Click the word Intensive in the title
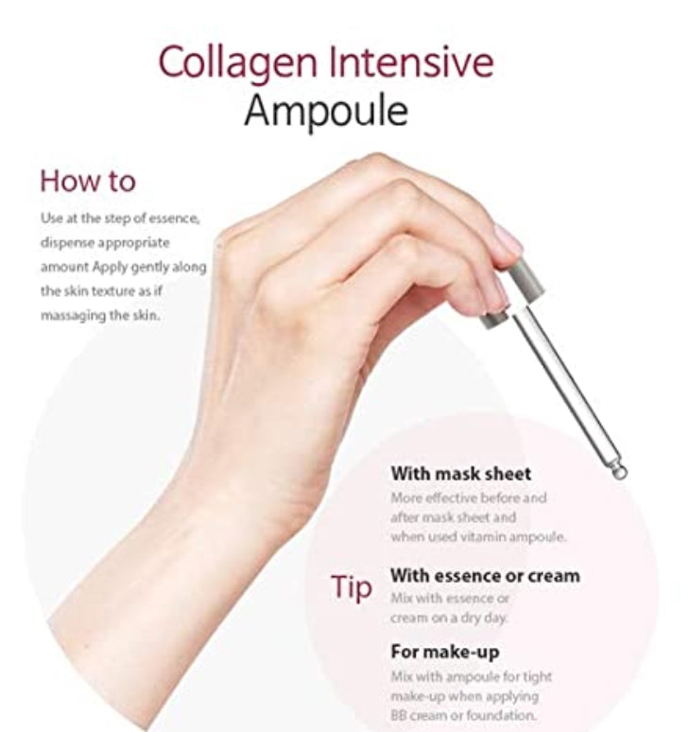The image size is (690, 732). point(411,61)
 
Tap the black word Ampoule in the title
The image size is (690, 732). point(326,112)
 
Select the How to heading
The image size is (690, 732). point(88,182)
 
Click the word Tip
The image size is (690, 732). point(352,587)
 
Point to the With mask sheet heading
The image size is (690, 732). point(461,474)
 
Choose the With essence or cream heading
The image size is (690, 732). point(485,576)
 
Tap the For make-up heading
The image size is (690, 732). point(445,652)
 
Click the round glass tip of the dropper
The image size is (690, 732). point(619,473)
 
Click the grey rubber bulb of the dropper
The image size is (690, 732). point(525,279)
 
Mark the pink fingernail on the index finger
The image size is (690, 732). point(508,239)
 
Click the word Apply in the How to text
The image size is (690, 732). point(110,268)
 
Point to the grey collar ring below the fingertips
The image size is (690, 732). point(494,320)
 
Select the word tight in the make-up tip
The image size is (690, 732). point(540,677)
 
